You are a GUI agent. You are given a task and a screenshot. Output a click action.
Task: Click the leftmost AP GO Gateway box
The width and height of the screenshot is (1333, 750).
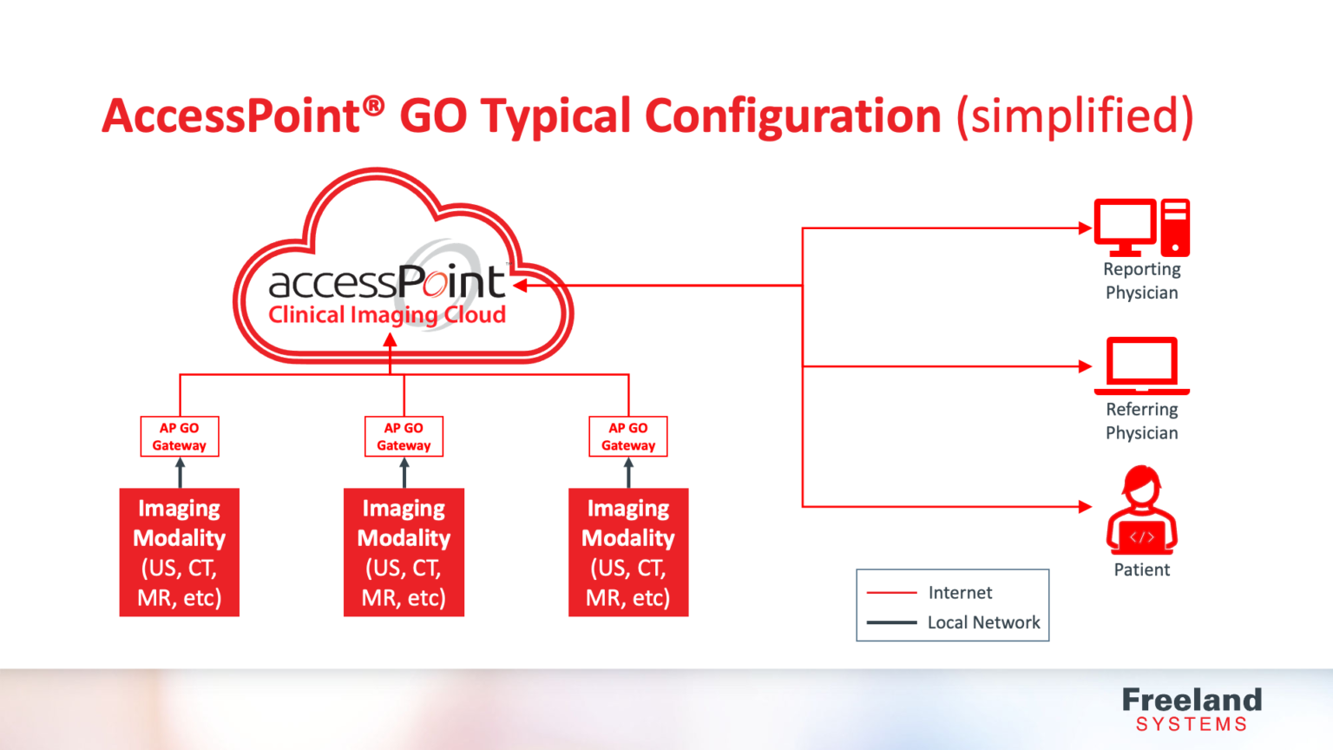pos(180,437)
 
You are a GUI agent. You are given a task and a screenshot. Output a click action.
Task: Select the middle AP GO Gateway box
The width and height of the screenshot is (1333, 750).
pos(404,437)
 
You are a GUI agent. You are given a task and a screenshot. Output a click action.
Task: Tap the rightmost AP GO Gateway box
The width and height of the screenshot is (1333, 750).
pos(628,437)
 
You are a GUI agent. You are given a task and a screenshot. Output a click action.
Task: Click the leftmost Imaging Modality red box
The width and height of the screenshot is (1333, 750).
pos(180,552)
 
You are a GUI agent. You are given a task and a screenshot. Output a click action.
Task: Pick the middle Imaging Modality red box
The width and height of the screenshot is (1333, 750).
pos(404,552)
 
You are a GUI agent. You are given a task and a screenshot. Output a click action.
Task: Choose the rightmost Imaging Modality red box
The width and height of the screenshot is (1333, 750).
pos(628,552)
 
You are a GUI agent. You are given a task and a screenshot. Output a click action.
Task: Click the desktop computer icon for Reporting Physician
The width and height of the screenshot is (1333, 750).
pos(1141,227)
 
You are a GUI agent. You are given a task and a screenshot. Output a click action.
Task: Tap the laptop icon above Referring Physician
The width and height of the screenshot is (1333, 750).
pos(1141,365)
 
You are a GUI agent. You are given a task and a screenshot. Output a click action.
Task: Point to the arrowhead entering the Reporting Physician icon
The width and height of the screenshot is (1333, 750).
pos(1085,228)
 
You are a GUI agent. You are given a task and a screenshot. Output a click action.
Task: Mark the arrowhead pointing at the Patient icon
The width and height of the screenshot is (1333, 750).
pos(1085,506)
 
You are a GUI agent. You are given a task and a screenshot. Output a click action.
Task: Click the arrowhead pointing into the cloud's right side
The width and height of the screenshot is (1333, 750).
pos(520,285)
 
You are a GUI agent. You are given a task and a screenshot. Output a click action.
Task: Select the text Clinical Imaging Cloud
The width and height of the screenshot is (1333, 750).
pos(387,314)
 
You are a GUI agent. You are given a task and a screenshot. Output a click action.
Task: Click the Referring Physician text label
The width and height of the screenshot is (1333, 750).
pos(1141,421)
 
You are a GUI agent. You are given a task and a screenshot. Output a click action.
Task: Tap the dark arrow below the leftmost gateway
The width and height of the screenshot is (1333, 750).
pos(180,473)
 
